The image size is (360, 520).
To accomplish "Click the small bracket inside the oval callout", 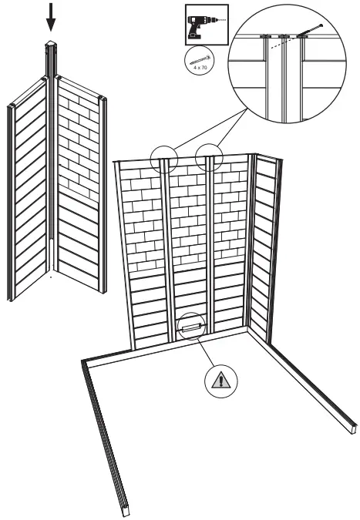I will click(x=190, y=327).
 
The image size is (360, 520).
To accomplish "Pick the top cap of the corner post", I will click(x=51, y=44).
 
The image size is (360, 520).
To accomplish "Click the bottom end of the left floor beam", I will click(x=123, y=508).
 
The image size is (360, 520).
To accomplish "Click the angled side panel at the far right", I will click(x=264, y=247).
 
